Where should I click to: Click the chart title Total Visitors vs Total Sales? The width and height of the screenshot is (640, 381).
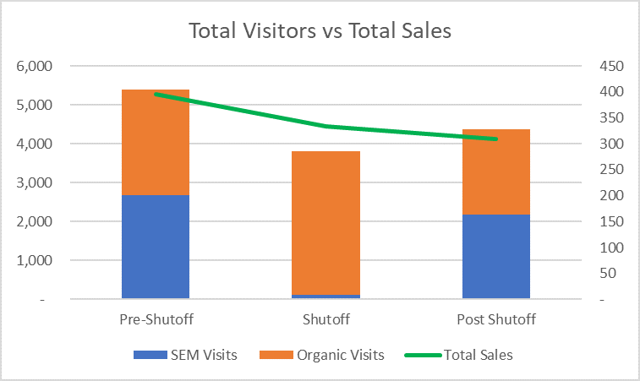pos(320,31)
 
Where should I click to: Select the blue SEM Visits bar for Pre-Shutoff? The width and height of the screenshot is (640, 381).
pos(156,247)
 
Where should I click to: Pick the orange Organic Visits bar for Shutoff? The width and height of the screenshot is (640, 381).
pos(325,223)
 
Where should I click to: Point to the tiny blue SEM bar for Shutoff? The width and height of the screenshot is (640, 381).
pos(325,297)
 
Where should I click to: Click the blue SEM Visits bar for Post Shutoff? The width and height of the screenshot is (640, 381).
pos(495,256)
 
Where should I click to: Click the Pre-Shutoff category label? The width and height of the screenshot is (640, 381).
pos(156,320)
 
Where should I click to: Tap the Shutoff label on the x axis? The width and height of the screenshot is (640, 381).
pos(325,320)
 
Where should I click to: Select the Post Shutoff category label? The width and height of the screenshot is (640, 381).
pos(495,320)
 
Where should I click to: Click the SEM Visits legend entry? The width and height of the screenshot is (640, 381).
pos(184,355)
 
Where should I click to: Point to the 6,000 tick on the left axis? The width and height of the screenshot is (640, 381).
pos(35,66)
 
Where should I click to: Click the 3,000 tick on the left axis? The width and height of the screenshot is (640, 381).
pos(35,182)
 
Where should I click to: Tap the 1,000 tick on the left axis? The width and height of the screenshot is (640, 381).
pos(35,260)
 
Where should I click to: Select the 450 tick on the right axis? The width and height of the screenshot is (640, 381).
pos(610,66)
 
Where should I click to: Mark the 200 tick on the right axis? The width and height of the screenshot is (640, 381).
pos(610,195)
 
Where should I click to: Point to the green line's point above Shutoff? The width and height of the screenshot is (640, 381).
pos(325,127)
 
